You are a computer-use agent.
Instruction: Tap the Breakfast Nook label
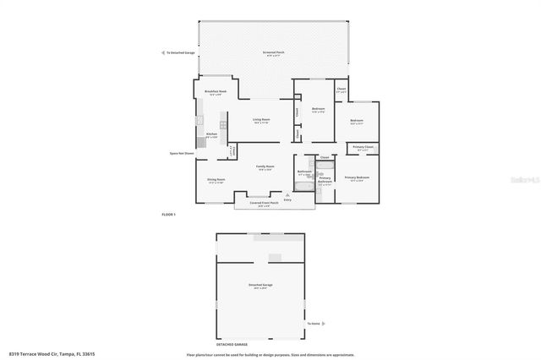click(x=212, y=93)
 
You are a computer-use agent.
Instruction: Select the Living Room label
click(x=260, y=120)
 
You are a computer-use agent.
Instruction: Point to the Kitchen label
click(x=212, y=134)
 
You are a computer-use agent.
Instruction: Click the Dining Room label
click(x=216, y=180)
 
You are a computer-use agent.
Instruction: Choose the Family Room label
click(x=265, y=166)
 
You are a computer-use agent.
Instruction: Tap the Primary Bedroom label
click(x=357, y=177)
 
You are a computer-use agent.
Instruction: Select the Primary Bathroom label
click(x=325, y=179)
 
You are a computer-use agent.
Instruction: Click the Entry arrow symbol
click(x=287, y=194)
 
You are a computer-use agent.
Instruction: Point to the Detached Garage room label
click(x=260, y=286)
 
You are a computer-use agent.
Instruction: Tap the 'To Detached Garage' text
click(x=179, y=52)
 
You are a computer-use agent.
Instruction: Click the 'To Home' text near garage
click(x=314, y=324)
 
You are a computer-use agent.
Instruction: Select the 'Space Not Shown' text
click(x=181, y=153)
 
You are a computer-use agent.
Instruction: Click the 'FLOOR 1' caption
click(x=168, y=215)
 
